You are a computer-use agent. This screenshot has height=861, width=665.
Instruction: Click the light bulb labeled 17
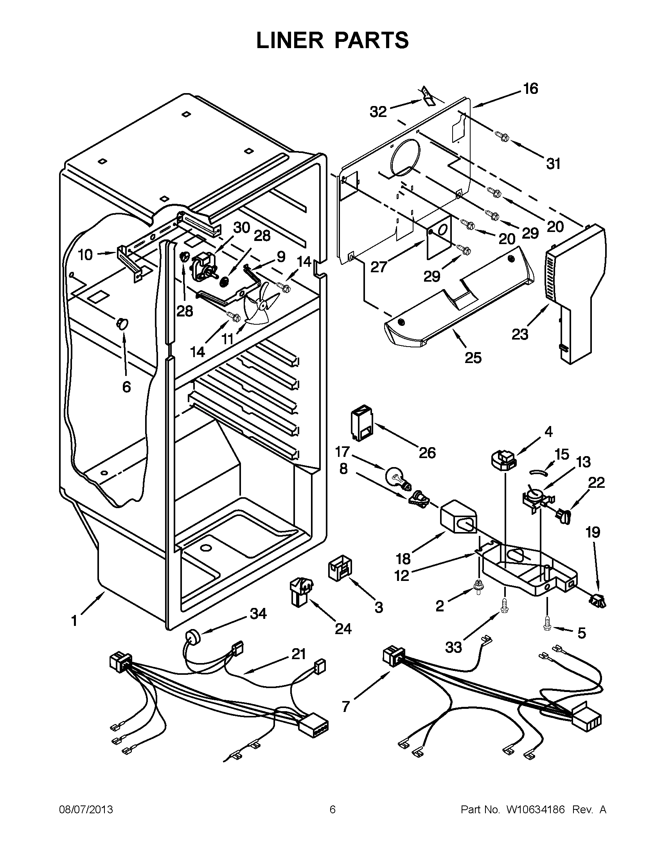coord(398,476)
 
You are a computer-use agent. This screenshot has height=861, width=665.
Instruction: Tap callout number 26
coord(427,453)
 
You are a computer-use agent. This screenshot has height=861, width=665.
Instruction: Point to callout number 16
coord(531,89)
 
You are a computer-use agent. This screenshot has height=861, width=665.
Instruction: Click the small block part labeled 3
coord(339,566)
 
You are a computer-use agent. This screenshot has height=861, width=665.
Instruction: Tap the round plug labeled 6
coord(122,324)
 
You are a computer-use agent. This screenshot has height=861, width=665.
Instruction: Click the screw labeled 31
coord(501,137)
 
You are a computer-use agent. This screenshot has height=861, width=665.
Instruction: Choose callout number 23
coord(519,334)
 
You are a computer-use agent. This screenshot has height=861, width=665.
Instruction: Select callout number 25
coord(473,358)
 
